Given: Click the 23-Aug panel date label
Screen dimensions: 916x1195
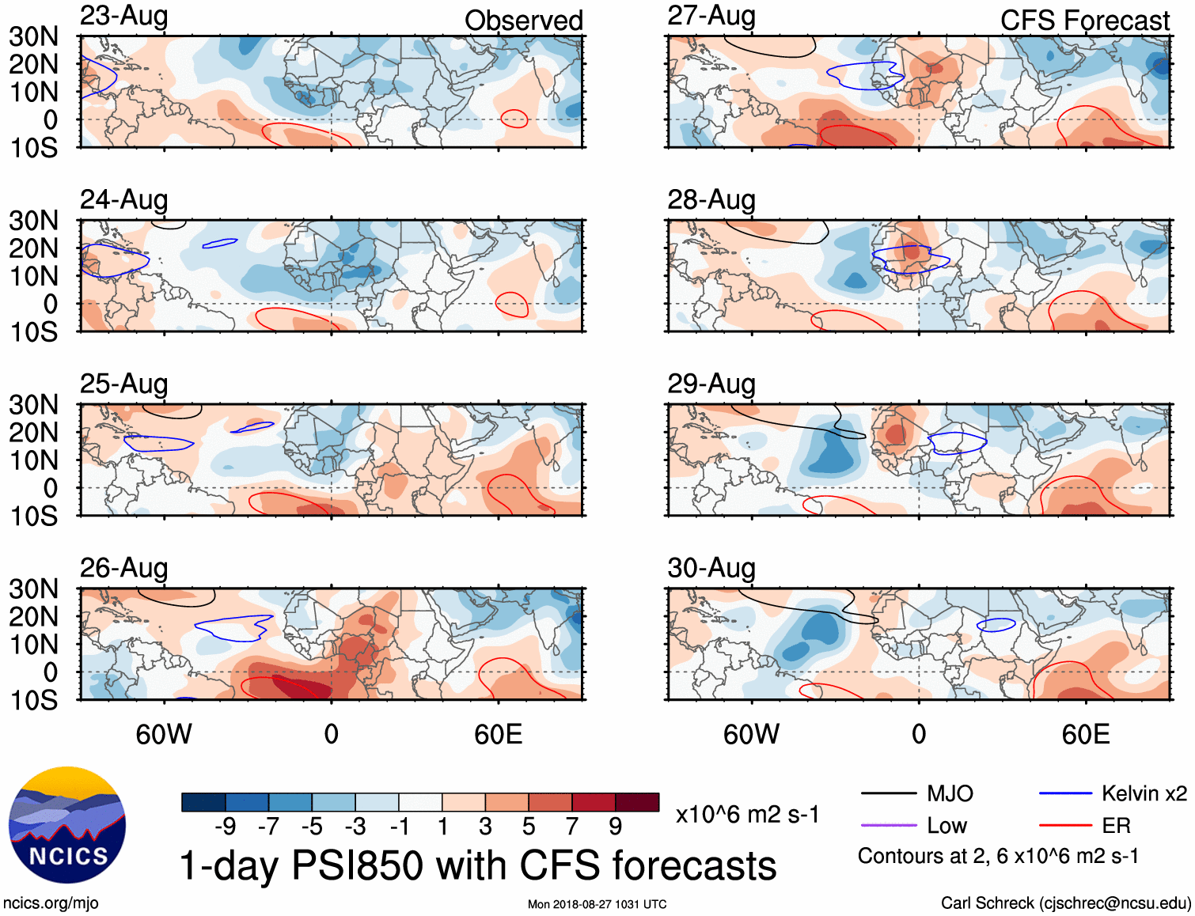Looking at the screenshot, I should tap(124, 17).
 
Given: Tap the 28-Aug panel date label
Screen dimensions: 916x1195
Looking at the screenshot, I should tap(711, 200).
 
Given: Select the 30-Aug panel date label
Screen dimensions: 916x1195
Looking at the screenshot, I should tap(711, 568).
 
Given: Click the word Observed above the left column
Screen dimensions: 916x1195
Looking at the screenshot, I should tap(523, 21).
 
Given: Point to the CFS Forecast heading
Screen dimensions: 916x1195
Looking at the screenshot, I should tap(1084, 21).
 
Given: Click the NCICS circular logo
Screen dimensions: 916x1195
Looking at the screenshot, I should tap(67, 825).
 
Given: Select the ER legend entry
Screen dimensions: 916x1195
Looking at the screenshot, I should tap(1116, 826).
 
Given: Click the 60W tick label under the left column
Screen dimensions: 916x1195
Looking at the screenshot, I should tap(164, 734).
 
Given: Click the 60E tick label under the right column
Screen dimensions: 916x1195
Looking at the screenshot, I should tap(1085, 734).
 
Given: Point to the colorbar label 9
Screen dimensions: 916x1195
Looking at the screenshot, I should tap(615, 827).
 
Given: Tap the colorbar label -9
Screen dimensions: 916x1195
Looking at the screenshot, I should tap(225, 827).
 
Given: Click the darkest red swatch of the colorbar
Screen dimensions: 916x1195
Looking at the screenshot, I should tap(637, 802).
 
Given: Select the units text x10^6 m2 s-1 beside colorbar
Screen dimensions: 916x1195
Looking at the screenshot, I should tap(747, 815).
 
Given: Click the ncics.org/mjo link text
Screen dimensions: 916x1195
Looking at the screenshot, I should tap(51, 903).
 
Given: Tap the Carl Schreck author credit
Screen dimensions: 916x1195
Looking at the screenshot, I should tap(1065, 903).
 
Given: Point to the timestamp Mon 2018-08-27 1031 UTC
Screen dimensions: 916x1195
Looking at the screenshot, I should tap(597, 904).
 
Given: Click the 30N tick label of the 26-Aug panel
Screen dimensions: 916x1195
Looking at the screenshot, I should tap(34, 589).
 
